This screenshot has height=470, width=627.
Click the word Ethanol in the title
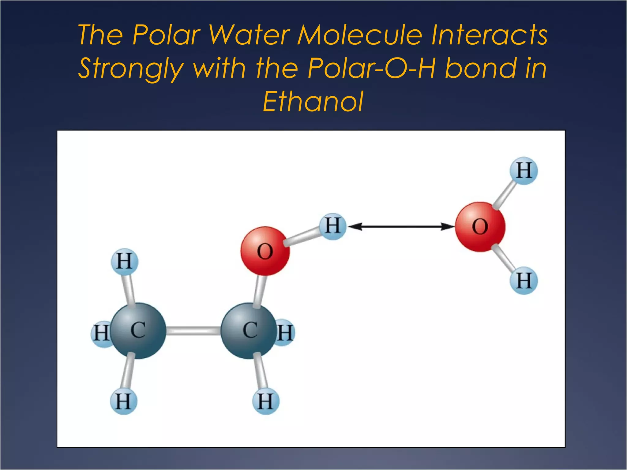tap(313, 102)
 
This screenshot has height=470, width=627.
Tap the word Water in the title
tap(249, 35)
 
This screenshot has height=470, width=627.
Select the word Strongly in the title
tap(131, 68)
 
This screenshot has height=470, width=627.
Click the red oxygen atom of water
tap(480, 227)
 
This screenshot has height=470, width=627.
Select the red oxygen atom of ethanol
tap(265, 251)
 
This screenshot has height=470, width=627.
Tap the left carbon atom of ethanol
tap(138, 330)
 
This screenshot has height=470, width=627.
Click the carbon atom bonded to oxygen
tap(249, 330)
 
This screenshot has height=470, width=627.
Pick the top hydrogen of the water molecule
tap(524, 170)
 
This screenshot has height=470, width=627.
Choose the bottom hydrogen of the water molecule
tap(524, 281)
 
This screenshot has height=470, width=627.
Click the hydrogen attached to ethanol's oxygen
tap(333, 226)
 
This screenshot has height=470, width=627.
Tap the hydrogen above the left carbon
tap(124, 262)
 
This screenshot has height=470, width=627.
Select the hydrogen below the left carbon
tap(124, 401)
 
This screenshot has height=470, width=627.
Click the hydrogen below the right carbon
tap(265, 401)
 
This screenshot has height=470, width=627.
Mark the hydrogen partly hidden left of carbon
tap(99, 334)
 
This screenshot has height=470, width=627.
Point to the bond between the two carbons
tap(193, 330)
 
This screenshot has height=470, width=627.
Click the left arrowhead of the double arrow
tap(355, 227)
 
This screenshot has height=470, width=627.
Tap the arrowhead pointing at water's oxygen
tap(448, 227)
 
